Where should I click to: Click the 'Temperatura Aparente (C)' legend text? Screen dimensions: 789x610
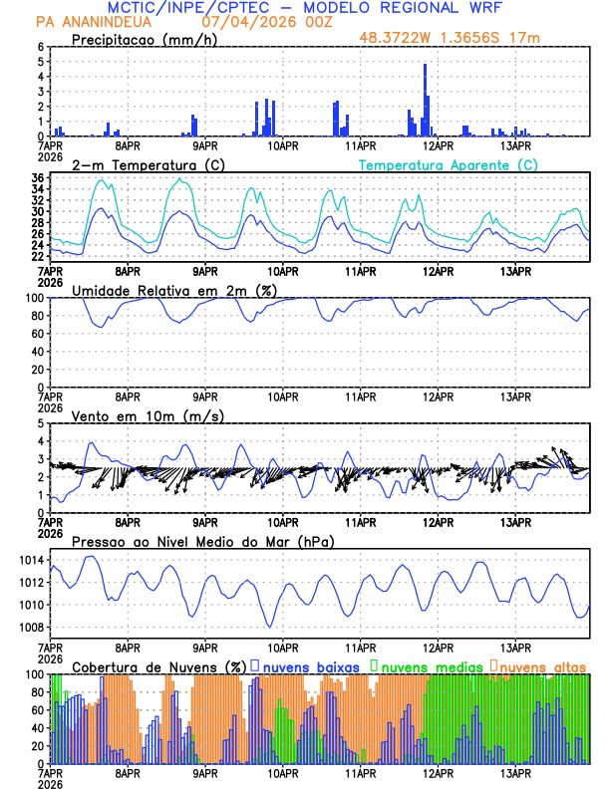tap(448, 164)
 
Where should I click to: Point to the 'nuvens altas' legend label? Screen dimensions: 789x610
tap(542, 665)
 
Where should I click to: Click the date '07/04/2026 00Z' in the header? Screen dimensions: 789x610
tap(255, 22)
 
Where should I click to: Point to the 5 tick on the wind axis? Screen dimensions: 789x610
tap(42, 423)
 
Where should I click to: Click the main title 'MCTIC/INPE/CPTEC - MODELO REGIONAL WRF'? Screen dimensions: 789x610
tap(304, 8)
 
